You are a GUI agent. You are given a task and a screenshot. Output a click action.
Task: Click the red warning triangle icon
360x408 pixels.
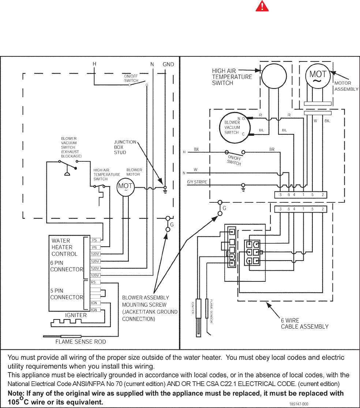coord(261,16)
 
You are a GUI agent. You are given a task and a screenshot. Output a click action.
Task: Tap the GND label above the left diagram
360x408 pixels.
coord(168,64)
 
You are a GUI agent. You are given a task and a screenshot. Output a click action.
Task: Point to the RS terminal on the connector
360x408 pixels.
coord(93,282)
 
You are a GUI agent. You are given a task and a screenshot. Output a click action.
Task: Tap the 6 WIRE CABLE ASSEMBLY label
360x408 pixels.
coord(304,323)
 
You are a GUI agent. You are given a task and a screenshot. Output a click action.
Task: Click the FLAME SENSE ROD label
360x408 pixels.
coord(80,342)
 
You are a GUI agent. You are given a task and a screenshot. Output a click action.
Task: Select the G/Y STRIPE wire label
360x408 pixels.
coord(197,182)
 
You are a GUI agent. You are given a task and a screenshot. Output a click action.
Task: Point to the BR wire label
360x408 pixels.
coord(272,149)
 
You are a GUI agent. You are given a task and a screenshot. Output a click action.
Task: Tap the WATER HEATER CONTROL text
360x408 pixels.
coord(64,247)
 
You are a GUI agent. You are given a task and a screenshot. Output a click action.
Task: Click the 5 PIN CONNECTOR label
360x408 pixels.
coord(67,294)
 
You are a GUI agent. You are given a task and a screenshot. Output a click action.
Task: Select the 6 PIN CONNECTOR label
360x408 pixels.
coord(67,266)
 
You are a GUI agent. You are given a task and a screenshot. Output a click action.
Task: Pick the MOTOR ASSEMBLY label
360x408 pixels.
coord(346,86)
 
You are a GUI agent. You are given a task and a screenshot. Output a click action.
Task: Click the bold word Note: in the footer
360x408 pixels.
coord(18,393)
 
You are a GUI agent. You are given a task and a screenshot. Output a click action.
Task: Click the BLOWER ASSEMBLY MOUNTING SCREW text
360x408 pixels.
coord(149,308)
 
